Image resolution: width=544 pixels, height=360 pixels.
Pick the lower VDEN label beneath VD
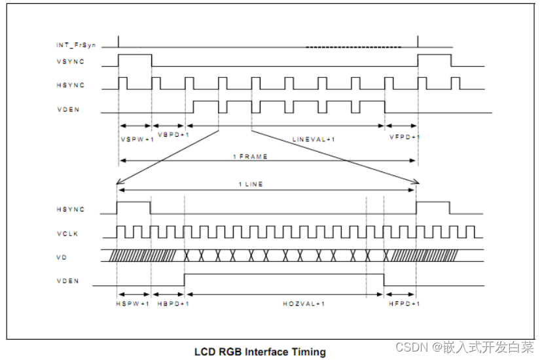tap(69, 281)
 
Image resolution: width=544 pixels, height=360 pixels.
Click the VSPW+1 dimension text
tap(137, 139)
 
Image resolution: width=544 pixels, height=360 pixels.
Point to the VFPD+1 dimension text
tap(405, 137)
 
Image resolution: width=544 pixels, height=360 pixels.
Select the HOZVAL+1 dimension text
tap(304, 304)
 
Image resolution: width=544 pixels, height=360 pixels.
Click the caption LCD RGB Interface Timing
tap(260, 352)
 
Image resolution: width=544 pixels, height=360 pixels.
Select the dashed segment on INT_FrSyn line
tap(354, 47)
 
